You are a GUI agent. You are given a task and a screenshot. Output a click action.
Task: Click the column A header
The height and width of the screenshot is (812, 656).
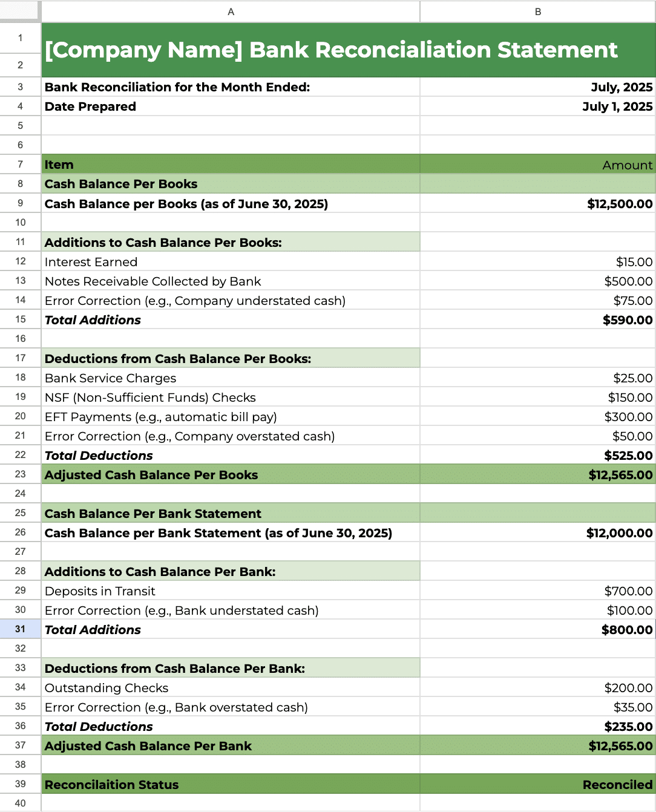click(x=231, y=11)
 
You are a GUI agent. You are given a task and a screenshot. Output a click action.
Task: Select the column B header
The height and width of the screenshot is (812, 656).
click(x=537, y=11)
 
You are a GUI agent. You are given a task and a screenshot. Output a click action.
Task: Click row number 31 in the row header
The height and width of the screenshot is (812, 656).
click(x=21, y=629)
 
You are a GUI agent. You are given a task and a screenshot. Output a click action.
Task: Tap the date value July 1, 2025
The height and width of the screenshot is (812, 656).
click(x=617, y=106)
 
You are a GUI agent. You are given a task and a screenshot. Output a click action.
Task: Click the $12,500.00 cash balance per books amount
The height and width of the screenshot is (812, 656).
click(x=620, y=204)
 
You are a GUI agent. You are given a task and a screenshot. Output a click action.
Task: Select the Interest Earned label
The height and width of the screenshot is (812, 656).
click(x=91, y=262)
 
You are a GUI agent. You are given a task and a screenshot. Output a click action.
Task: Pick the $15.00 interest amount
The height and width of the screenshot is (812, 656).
click(x=634, y=262)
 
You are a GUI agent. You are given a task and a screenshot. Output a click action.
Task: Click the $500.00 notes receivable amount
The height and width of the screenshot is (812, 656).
click(x=628, y=281)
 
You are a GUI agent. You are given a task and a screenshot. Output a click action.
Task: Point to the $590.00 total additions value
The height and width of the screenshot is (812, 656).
click(x=628, y=320)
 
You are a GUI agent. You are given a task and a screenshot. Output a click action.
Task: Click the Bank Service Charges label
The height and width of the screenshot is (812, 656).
click(x=110, y=378)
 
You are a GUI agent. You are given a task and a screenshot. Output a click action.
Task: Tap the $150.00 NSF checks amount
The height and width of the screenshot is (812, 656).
click(x=630, y=398)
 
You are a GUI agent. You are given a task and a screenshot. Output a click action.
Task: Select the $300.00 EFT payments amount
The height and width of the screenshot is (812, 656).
click(x=628, y=417)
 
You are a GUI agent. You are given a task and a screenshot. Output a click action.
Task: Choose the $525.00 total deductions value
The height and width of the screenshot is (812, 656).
click(x=628, y=456)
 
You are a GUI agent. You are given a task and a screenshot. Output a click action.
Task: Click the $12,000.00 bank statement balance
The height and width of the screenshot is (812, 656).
click(x=619, y=533)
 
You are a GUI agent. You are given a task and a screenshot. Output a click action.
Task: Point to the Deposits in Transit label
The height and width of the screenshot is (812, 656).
click(x=100, y=591)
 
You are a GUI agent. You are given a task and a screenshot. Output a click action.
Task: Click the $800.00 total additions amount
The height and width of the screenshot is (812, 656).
click(x=627, y=630)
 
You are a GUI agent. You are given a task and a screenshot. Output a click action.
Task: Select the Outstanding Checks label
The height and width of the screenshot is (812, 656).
click(x=107, y=688)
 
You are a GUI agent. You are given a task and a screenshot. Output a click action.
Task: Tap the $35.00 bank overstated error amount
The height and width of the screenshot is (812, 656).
click(x=633, y=707)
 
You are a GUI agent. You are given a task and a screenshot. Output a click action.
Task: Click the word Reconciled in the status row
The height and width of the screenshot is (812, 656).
click(x=617, y=785)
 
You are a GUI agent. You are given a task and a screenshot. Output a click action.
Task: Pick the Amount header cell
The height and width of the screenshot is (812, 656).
click(x=628, y=165)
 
